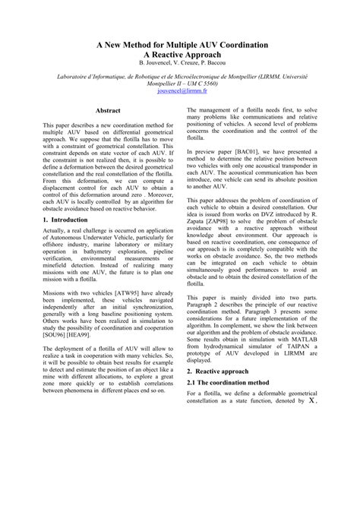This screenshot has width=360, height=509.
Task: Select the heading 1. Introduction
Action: point(65,219)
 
